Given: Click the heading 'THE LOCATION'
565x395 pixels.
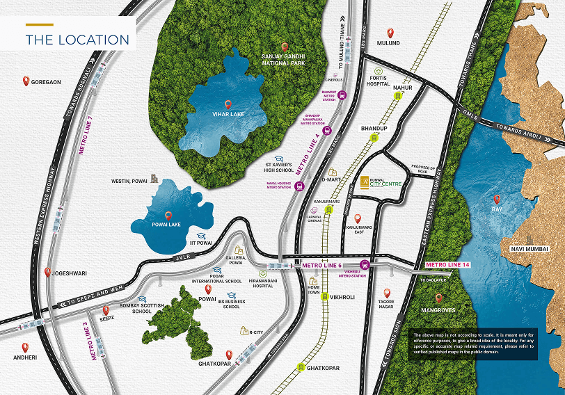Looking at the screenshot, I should coord(77,40).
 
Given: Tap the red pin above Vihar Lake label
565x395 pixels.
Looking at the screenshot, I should coord(228,104).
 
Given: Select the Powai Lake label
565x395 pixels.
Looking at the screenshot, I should coord(168,225).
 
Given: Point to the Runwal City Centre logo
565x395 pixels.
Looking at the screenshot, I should coord(384,184).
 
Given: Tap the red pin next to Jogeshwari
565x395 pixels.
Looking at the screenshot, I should coord(47,273).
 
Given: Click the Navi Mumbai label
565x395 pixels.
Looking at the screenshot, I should coord(529,249).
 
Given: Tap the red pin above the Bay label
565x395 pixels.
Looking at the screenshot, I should coord(497,200).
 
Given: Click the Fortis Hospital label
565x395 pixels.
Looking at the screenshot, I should coord(378,81).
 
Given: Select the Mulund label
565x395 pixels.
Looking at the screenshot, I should coord(388,43).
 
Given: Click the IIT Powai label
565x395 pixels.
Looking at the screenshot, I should coord(201,243).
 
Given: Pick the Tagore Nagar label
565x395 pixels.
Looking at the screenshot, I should coord(388,305).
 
